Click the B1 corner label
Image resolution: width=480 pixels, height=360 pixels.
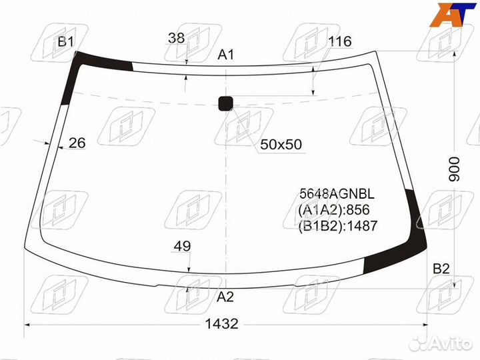pos(65,42)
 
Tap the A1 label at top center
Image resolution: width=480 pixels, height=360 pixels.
pos(226,55)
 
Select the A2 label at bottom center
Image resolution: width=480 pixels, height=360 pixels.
pos(226,297)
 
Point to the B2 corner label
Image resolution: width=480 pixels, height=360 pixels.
pos(441,269)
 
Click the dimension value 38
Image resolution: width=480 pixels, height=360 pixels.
pos(176,39)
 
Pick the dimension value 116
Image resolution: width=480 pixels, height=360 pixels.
pos(339,42)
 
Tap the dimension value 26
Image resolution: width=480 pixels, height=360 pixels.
pos(77,143)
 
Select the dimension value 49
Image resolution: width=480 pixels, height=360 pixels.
pos(182,247)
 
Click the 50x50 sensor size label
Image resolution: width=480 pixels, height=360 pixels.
pos(281,145)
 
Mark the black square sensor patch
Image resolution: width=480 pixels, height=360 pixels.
pos(226,103)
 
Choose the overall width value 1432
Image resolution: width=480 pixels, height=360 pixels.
pos(221,324)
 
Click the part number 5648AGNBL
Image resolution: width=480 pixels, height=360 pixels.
pos(337,194)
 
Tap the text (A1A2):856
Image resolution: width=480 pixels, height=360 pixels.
pos(333,210)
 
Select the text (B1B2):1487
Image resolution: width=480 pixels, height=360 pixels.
pos(338,226)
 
